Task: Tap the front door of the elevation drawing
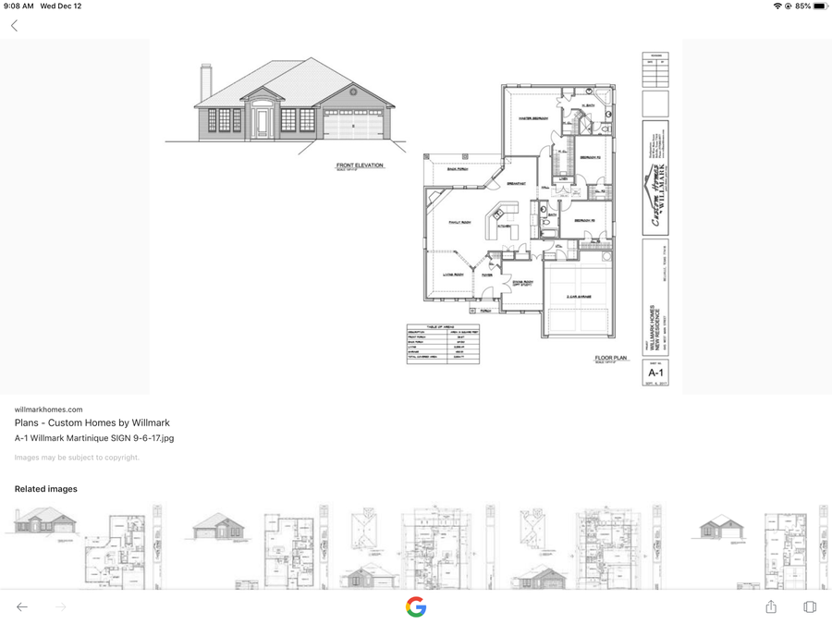tap(262, 122)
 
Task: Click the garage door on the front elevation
tap(352, 126)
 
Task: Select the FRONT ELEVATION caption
tap(359, 166)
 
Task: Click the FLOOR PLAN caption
tap(610, 358)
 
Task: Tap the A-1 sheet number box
tap(655, 373)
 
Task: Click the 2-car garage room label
tap(579, 297)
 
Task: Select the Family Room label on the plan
tap(459, 222)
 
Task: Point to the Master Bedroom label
tap(533, 118)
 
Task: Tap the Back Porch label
tap(459, 169)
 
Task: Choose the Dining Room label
tap(522, 283)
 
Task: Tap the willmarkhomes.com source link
tap(48, 410)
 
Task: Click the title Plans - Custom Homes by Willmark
tap(92, 423)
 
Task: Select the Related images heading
tap(46, 489)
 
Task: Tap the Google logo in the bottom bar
tap(416, 606)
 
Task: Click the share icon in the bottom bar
tap(771, 606)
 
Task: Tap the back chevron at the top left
tap(15, 26)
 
